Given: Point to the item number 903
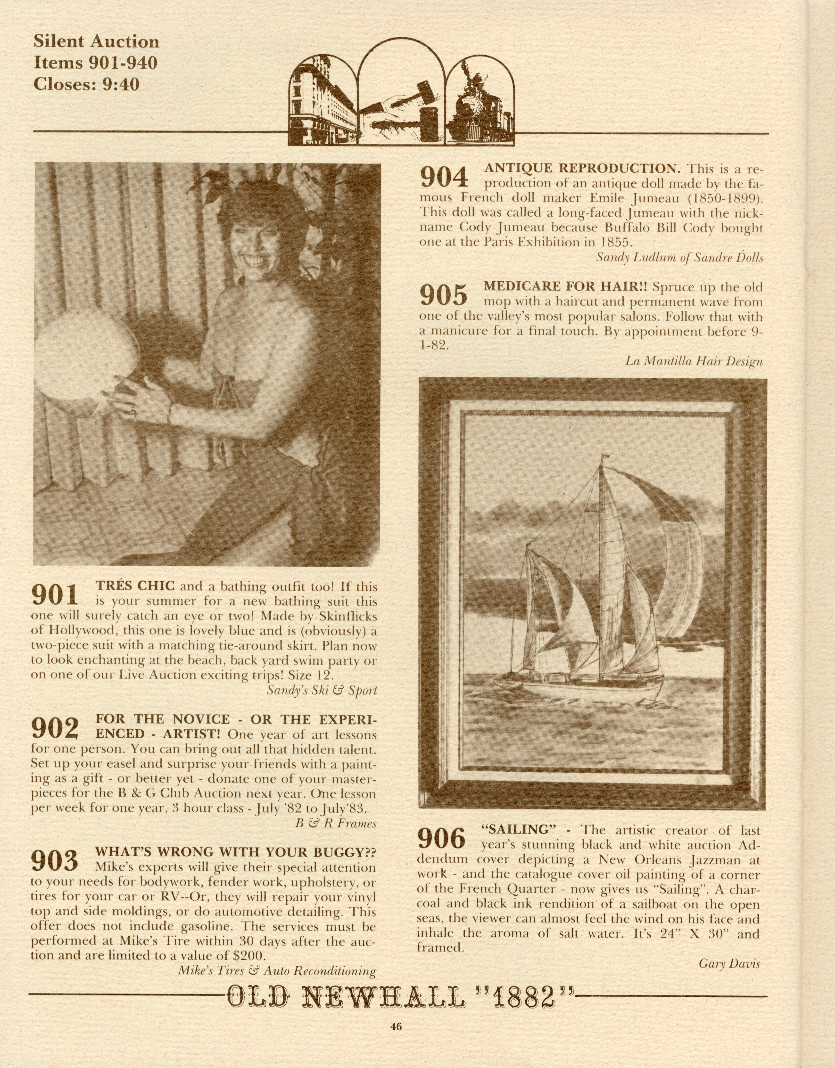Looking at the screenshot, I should coord(54,861).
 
